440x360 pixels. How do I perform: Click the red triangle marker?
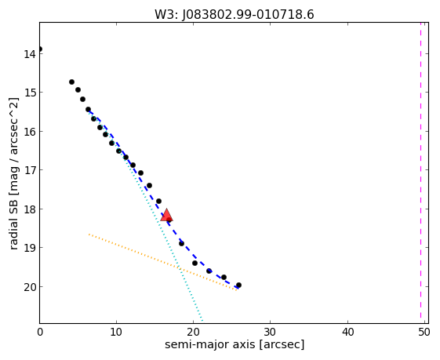pos(166,215)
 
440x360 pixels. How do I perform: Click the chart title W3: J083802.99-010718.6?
pos(235,14)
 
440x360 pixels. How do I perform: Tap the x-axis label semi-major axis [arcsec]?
pos(235,344)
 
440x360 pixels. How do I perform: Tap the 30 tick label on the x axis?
pos(271,333)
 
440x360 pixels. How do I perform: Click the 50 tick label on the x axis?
pos(424,333)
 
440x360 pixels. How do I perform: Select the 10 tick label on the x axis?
pos(116,333)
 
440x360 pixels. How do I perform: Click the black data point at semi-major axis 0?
pos(39,49)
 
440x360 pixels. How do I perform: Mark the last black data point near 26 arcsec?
pos(238,285)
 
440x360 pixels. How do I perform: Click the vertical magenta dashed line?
pos(420,170)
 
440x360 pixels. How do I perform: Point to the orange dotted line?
pos(163,262)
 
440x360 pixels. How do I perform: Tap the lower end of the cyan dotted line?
pos(202,321)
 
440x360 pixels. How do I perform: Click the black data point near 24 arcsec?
pos(224,277)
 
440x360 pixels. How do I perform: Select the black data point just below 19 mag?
pos(181,243)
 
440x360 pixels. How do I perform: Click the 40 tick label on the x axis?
pos(347,333)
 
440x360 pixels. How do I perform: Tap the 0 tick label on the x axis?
pos(40,333)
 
